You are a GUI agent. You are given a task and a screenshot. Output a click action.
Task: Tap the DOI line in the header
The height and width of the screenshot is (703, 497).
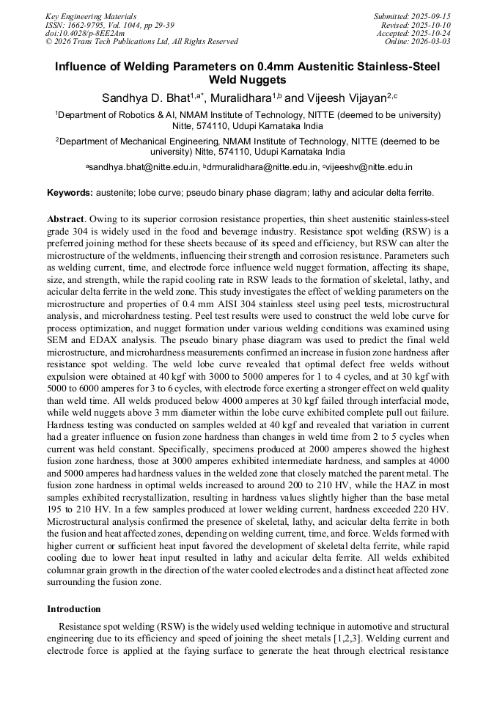[x=85, y=33]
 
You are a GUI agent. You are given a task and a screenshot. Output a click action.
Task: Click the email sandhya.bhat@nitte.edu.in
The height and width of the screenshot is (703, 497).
[x=144, y=167]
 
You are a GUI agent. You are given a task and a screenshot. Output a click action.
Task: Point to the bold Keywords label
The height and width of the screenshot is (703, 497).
[x=70, y=193]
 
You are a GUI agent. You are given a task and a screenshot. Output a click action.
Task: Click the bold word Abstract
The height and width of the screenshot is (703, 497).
[x=67, y=219]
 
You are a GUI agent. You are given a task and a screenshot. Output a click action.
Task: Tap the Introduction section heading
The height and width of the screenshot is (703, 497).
[x=73, y=609]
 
